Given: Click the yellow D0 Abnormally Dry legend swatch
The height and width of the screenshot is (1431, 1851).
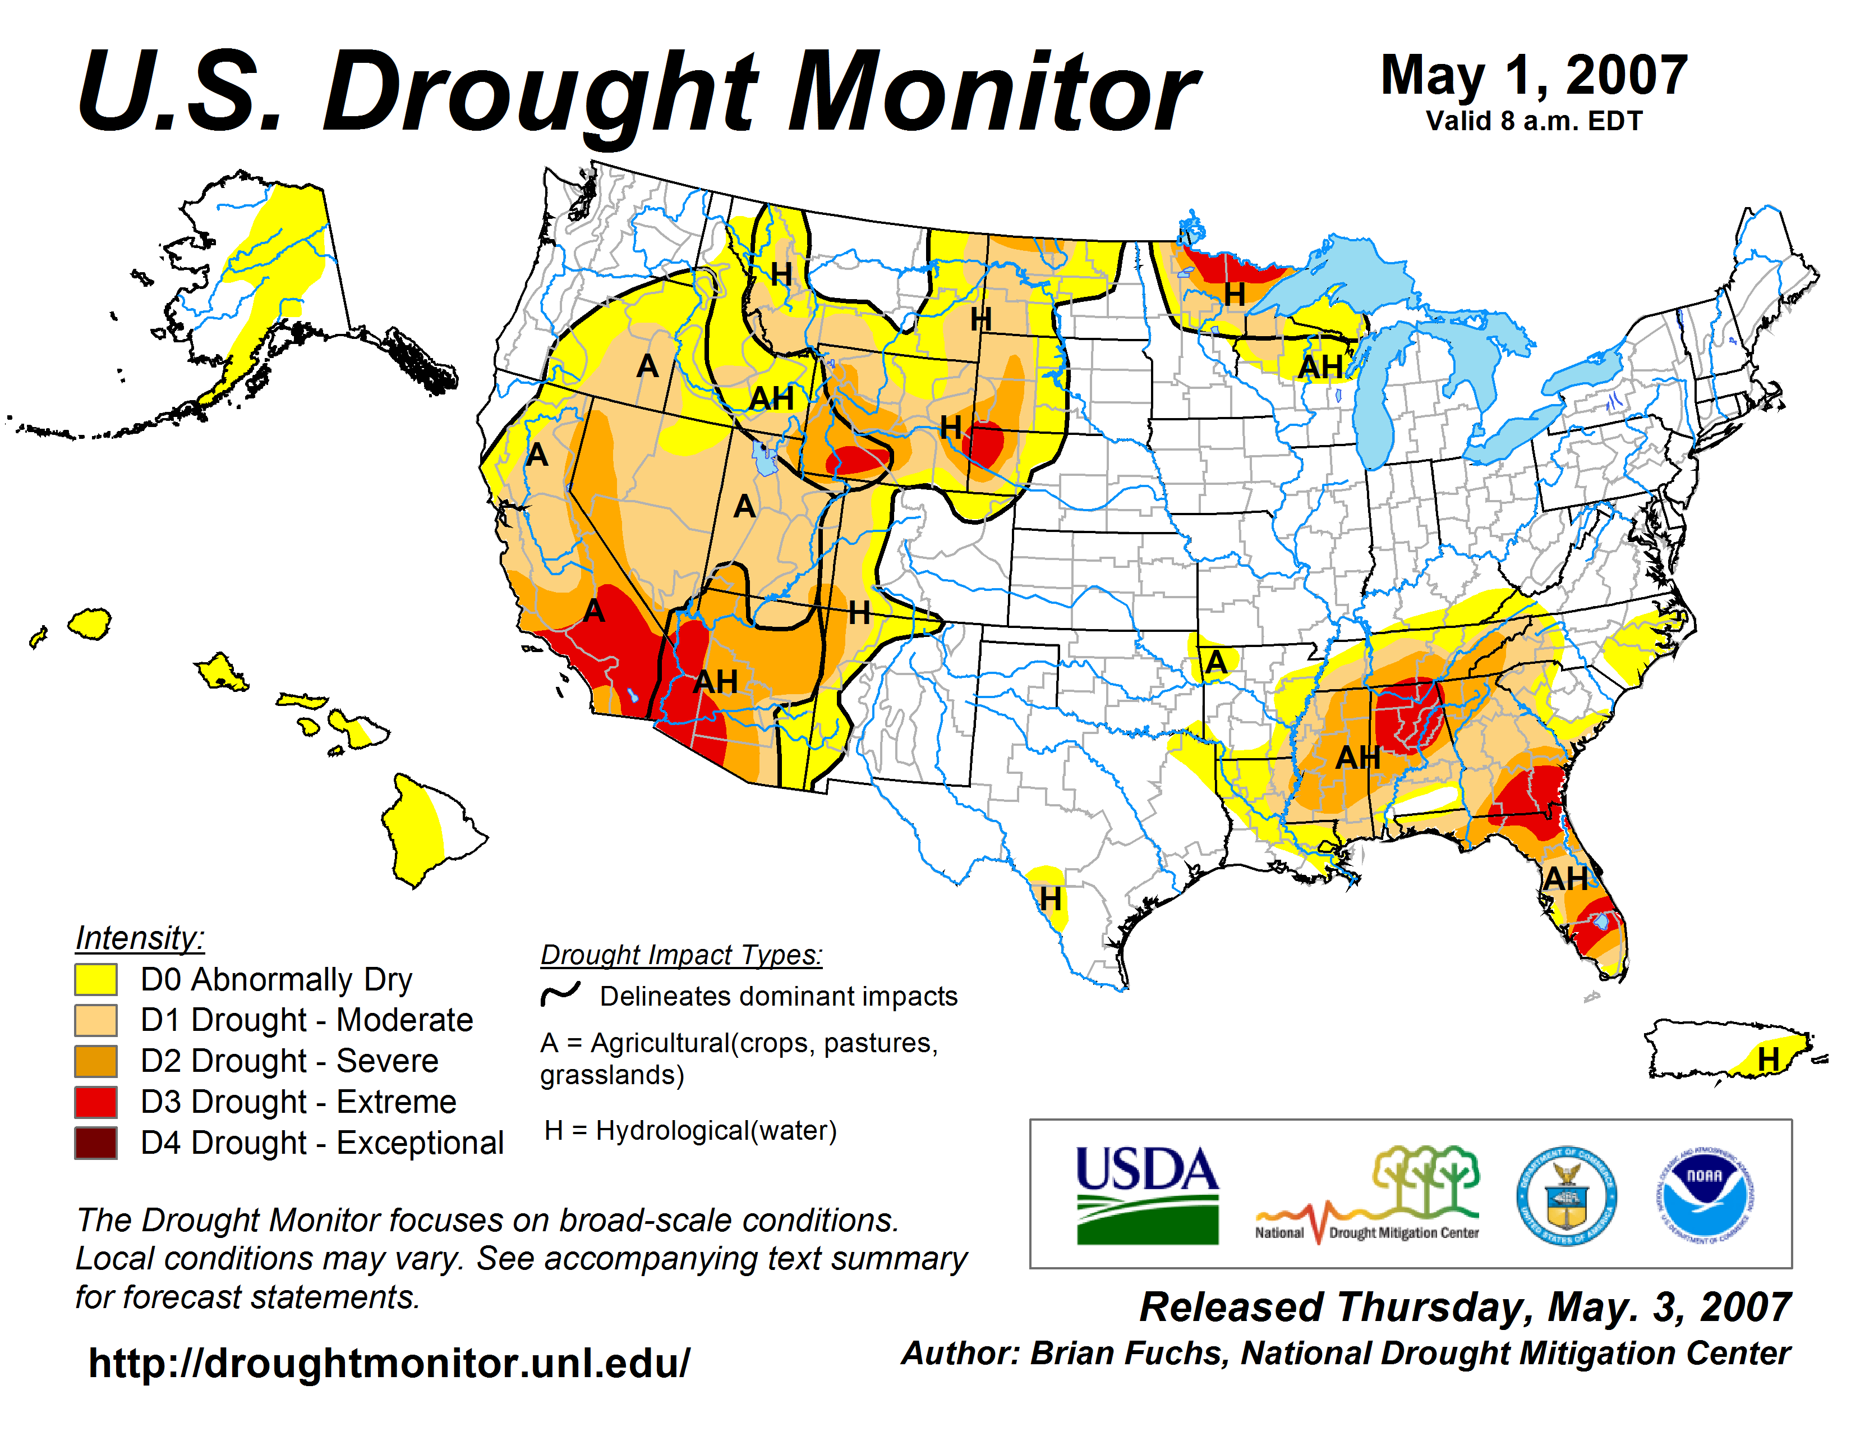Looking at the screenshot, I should coord(96,979).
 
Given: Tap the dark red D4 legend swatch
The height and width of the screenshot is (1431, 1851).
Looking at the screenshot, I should coord(96,1143).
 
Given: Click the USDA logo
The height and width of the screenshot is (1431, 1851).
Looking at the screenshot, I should coord(1146,1194).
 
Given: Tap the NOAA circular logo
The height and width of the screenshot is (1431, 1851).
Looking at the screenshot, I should coord(1705,1195).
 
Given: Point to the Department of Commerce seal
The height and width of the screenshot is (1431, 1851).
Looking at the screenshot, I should coord(1566,1195).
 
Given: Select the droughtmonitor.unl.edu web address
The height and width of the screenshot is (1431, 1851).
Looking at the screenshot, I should coord(389,1363).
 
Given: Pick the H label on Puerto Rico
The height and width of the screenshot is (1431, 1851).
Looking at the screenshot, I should coord(1768,1059).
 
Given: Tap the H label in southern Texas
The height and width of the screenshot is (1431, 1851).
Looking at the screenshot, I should coord(1050,898).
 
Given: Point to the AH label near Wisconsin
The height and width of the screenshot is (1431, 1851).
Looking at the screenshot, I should coord(1320,367).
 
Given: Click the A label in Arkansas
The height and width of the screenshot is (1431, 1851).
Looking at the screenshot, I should coord(1216,661).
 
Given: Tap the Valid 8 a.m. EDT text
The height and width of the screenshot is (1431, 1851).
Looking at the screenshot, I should coord(1534,121).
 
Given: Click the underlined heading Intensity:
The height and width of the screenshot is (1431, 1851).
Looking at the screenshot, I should coord(140,938).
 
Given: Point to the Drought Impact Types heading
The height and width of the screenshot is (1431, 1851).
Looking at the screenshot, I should coord(682,955).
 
